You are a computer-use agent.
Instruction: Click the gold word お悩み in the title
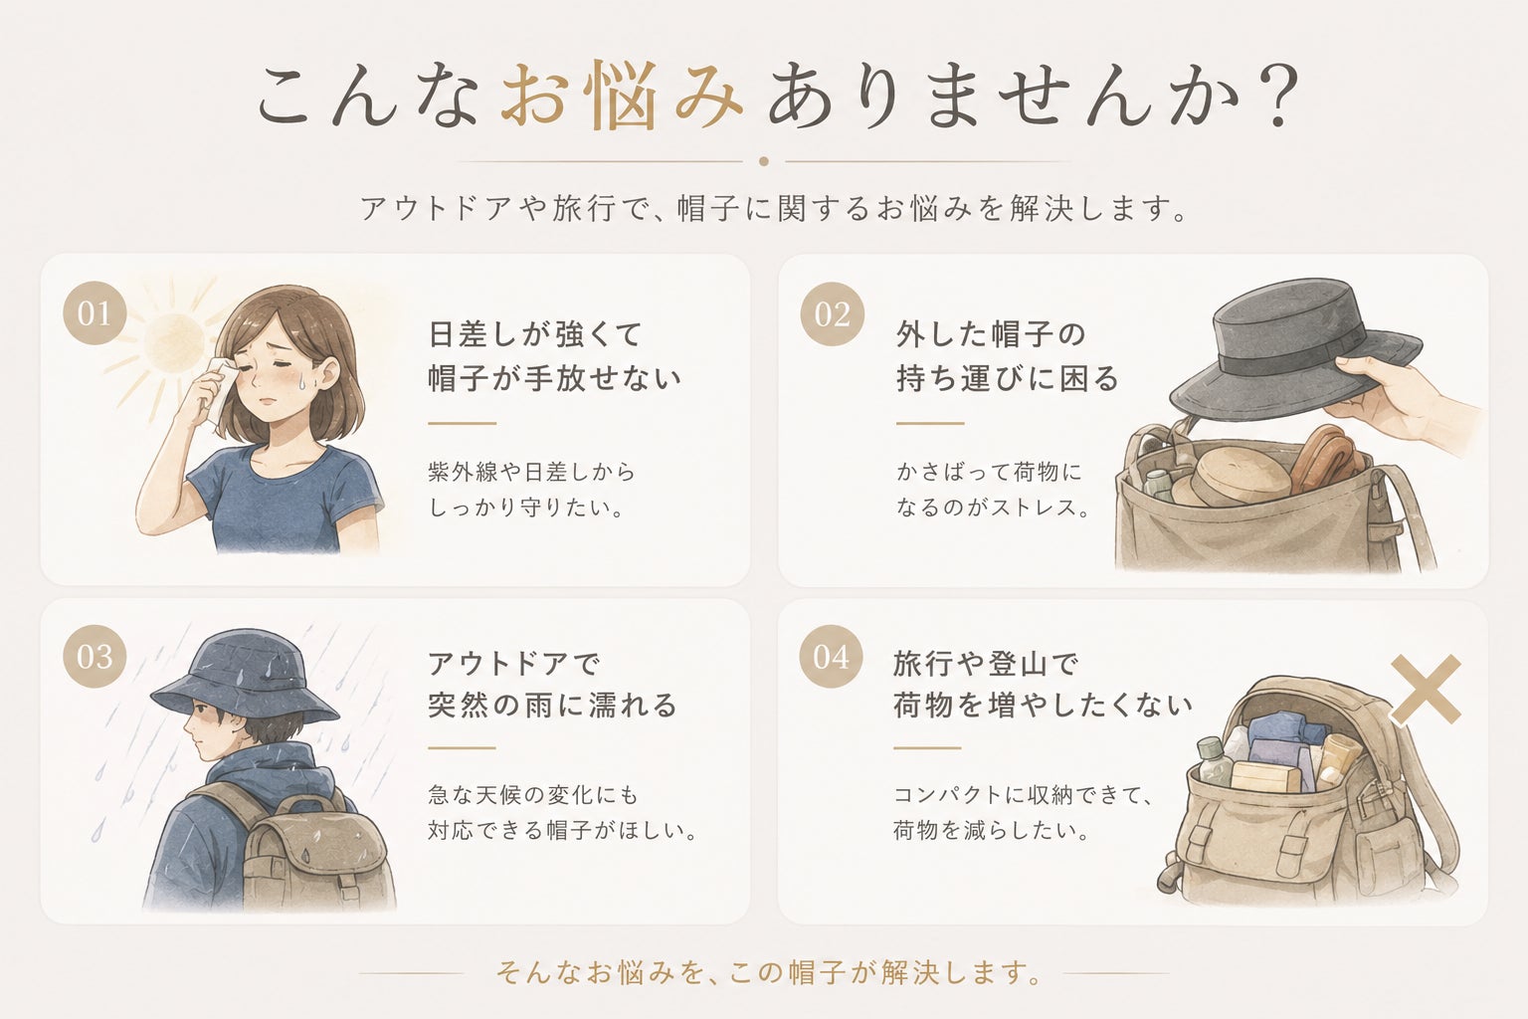622,96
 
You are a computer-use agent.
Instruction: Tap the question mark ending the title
1277,96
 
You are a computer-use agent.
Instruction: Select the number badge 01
95,313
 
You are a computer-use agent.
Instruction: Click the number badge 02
833,313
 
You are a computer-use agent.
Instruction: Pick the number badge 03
95,657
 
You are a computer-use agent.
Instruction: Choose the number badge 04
831,657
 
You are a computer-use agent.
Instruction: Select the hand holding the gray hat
1399,399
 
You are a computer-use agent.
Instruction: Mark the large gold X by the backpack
1426,690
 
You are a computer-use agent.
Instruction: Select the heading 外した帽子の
991,334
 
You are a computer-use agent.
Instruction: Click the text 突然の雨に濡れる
552,706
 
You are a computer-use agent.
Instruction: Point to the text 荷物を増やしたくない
1043,706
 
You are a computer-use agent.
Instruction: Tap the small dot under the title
764,162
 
